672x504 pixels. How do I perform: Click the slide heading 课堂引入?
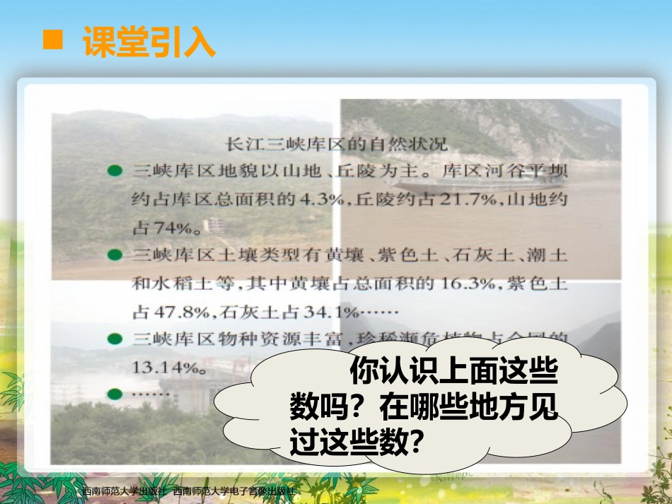[x=149, y=42]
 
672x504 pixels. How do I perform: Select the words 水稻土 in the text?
[x=186, y=283]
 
